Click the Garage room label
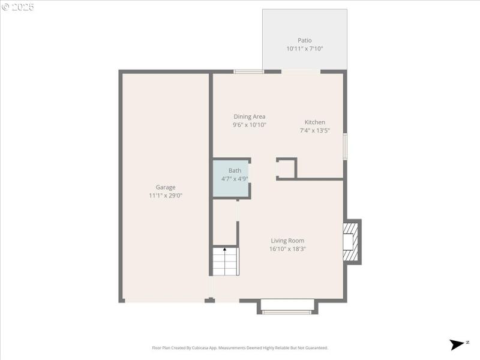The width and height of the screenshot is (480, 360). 166,187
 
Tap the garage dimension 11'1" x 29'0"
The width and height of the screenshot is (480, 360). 166,196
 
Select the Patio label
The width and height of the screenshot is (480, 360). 305,41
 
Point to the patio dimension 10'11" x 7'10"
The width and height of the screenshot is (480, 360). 305,49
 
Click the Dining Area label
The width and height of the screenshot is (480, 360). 250,116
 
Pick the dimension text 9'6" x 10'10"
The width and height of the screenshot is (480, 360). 250,125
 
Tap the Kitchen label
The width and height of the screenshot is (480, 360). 315,122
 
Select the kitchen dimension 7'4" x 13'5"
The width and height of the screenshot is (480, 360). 315,130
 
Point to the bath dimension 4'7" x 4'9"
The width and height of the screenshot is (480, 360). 235,178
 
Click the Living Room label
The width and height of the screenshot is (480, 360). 288,241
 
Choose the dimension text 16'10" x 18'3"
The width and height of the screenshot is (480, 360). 288,249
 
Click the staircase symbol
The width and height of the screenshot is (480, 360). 225,262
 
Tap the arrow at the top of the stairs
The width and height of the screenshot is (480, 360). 225,248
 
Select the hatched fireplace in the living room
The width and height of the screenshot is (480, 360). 350,241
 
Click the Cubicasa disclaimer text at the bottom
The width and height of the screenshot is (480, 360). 240,348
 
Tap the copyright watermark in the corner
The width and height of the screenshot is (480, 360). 18,7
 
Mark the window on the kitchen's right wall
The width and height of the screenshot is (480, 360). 345,146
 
